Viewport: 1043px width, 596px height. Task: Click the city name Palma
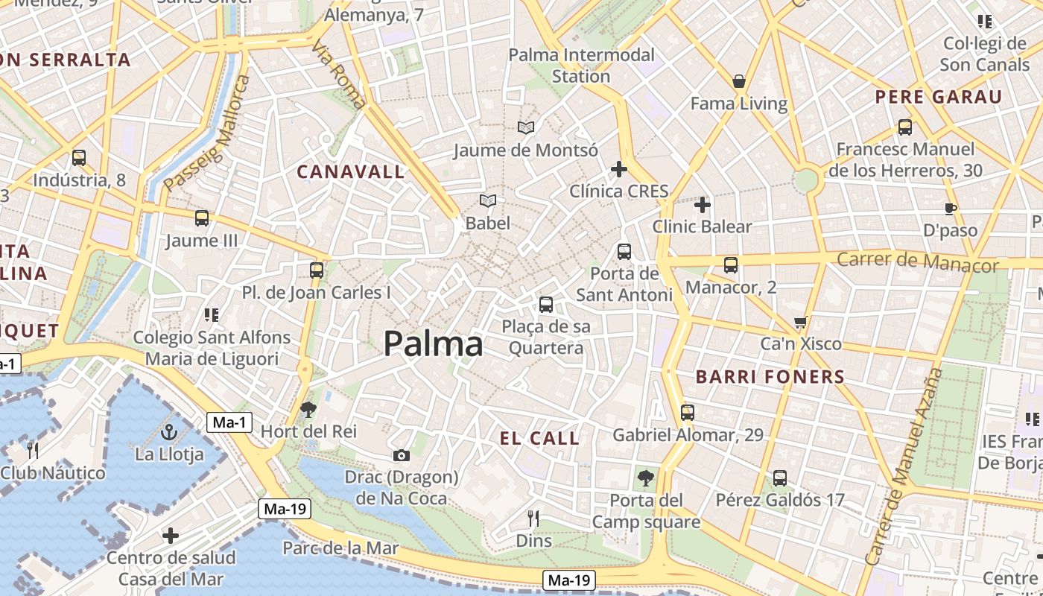click(x=433, y=343)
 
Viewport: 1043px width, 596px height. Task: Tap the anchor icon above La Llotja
click(x=169, y=432)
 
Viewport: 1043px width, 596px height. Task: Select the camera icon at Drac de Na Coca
click(x=401, y=455)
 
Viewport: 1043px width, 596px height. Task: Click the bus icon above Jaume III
click(x=201, y=218)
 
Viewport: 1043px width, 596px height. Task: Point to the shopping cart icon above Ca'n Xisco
click(x=801, y=323)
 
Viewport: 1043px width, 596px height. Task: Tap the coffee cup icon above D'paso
click(x=950, y=209)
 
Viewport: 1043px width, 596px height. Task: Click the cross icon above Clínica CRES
click(x=618, y=169)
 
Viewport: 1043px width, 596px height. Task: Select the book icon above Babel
click(x=488, y=201)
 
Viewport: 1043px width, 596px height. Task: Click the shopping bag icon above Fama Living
click(x=739, y=81)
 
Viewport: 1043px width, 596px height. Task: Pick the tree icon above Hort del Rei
click(x=308, y=409)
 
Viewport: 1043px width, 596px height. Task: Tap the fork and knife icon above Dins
click(x=533, y=518)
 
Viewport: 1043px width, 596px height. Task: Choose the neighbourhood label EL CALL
click(x=539, y=438)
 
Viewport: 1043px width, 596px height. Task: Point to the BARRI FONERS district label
click(x=770, y=377)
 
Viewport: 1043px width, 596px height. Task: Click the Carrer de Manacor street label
click(x=917, y=261)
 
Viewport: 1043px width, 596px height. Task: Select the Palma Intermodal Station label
click(x=581, y=66)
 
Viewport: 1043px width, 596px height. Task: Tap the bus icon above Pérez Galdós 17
click(x=779, y=478)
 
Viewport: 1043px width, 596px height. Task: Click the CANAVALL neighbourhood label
click(x=351, y=172)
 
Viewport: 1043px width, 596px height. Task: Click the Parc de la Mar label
click(x=340, y=548)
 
